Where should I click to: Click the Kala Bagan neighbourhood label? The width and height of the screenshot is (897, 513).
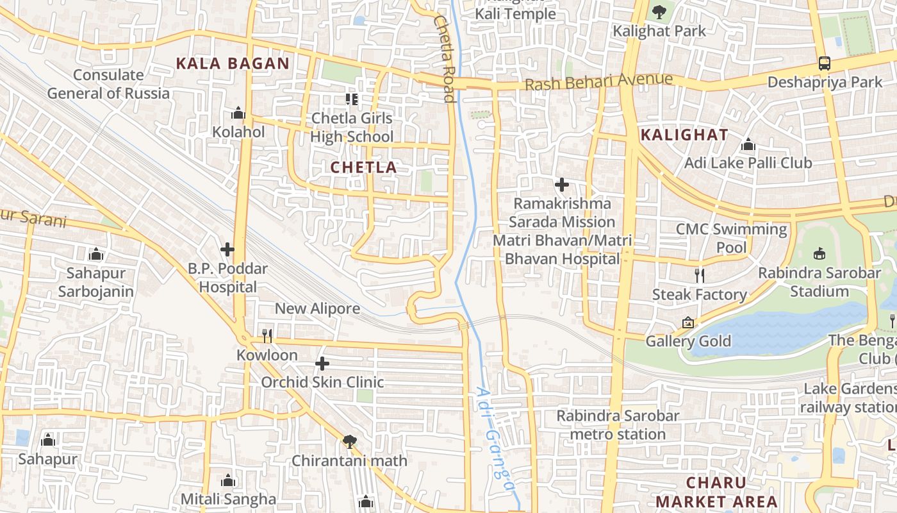[233, 63]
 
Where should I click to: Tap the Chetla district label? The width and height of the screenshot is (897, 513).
[363, 167]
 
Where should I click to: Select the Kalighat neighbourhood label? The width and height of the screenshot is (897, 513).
[684, 135]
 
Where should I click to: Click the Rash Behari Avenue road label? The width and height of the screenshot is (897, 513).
[598, 82]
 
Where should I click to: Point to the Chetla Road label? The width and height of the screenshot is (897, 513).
[445, 58]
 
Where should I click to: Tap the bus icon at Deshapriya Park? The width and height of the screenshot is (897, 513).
[825, 63]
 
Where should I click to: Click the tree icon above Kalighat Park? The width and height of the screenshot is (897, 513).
[659, 12]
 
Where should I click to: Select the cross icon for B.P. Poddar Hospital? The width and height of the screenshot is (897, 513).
[227, 249]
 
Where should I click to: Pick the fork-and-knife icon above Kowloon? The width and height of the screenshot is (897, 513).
[267, 335]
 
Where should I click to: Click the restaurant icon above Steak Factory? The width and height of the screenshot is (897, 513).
[700, 276]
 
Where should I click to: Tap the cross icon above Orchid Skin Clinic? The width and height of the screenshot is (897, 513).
[322, 364]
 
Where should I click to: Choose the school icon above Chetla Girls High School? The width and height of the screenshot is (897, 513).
[351, 99]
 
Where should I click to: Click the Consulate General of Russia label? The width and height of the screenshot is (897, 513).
[108, 84]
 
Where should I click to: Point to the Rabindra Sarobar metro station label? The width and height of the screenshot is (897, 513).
[618, 425]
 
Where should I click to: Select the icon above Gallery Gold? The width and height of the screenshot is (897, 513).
[688, 322]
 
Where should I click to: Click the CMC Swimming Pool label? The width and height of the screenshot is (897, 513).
[732, 238]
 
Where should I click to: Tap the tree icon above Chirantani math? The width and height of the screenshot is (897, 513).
[349, 441]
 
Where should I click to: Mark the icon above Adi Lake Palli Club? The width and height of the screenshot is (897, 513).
[748, 145]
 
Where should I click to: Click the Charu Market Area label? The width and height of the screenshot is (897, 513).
[716, 492]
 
